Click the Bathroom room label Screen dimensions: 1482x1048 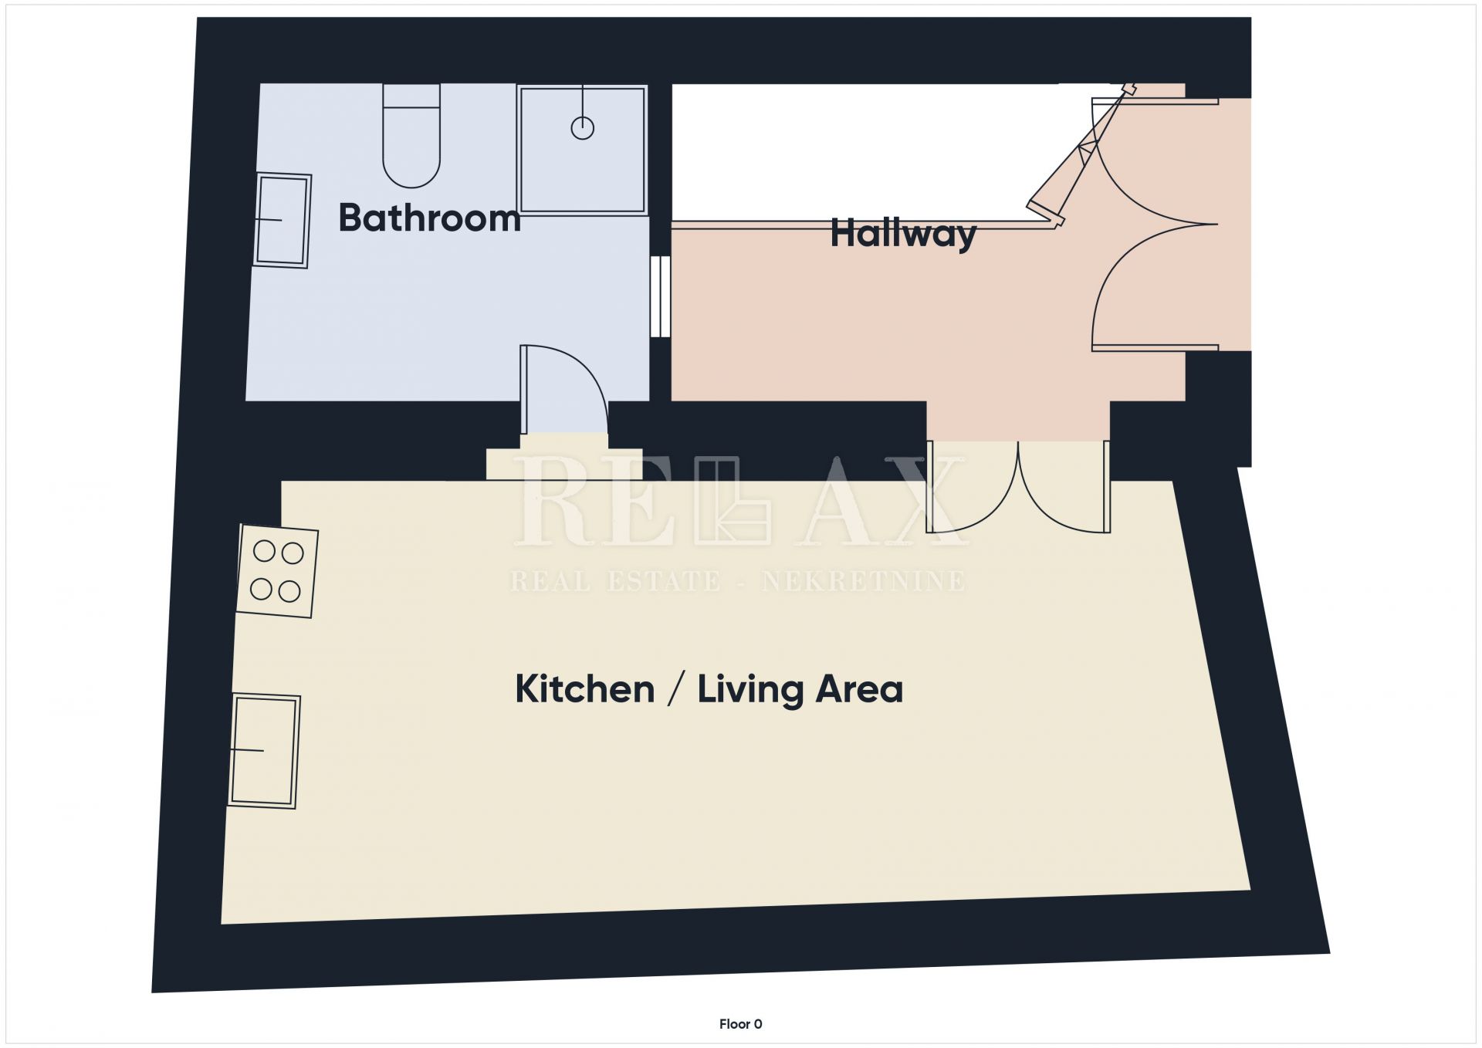click(429, 218)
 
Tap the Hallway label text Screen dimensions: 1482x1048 click(903, 234)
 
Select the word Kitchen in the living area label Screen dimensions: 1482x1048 click(584, 688)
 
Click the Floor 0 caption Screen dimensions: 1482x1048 click(740, 1024)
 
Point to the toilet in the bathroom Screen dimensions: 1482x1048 click(411, 136)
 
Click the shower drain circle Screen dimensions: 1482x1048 click(583, 128)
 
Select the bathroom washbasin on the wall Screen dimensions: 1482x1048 click(283, 220)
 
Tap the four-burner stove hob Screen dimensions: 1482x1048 click(277, 572)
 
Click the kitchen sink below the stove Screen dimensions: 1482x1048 click(264, 751)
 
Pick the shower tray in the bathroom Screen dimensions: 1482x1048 click(582, 150)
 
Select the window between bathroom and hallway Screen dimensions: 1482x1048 click(660, 296)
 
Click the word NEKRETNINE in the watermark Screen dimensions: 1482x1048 click(863, 581)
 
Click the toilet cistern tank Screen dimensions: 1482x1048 click(411, 96)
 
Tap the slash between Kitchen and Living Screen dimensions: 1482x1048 click(676, 689)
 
